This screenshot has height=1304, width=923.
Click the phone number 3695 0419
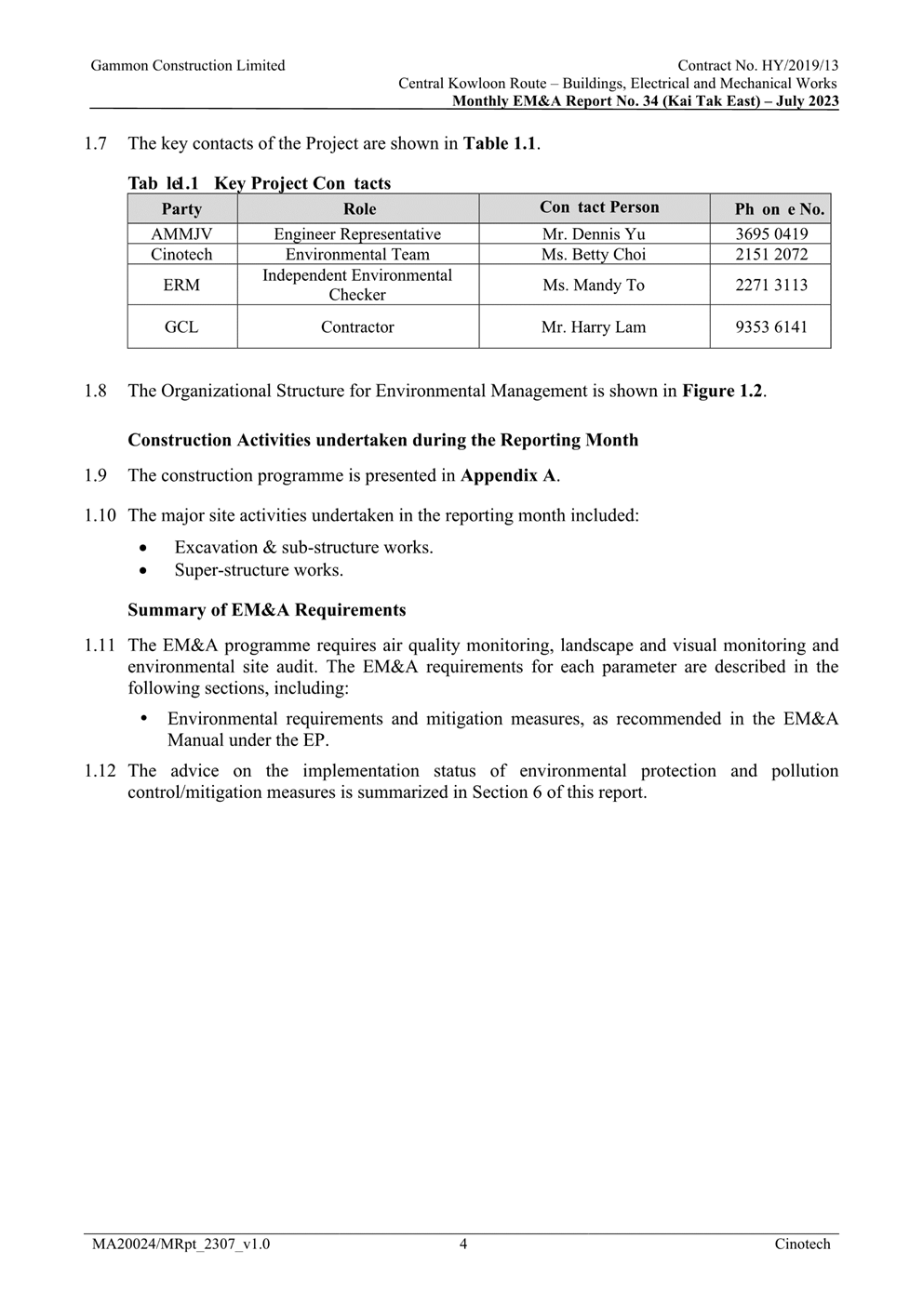[770, 234]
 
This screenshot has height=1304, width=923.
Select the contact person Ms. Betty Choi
[594, 255]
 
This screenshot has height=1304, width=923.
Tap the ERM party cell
[181, 286]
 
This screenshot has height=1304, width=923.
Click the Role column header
[359, 209]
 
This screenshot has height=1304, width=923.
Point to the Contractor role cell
[357, 327]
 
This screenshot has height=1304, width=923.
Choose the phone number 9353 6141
[770, 327]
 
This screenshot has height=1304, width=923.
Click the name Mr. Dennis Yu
[594, 234]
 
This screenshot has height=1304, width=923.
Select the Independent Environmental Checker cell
[357, 285]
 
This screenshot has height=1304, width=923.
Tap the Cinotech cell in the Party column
[181, 255]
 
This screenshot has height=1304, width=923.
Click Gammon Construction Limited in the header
[188, 66]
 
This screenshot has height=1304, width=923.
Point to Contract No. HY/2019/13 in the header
[757, 66]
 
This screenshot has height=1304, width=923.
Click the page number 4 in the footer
[463, 1244]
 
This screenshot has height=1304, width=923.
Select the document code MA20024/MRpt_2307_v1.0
[181, 1244]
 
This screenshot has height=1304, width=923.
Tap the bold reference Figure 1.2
[722, 391]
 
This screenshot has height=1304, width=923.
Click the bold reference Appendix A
[508, 476]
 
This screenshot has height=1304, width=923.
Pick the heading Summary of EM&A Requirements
[267, 610]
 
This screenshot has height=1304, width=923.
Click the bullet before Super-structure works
[142, 570]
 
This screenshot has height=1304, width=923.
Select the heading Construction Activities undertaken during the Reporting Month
[383, 440]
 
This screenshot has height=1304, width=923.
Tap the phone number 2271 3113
[770, 286]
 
